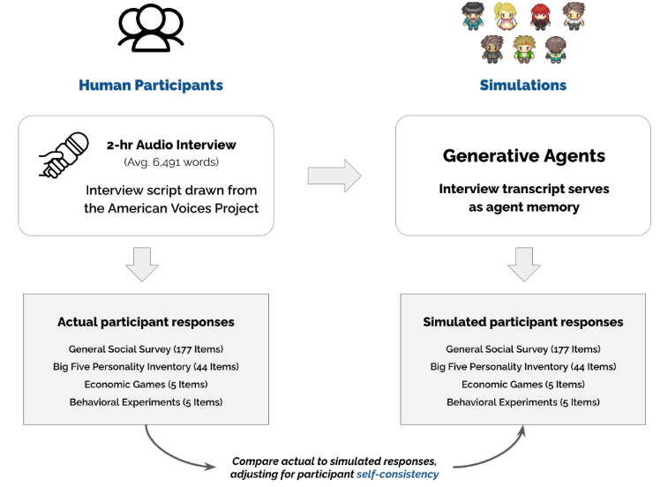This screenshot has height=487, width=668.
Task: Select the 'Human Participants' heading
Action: tap(151, 86)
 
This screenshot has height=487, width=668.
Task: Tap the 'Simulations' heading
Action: tap(522, 86)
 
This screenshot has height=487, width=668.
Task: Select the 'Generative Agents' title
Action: tap(523, 156)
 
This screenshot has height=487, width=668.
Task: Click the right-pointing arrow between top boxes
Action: tap(334, 176)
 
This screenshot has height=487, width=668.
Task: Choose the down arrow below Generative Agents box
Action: tap(523, 264)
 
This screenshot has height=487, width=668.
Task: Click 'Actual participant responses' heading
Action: tap(146, 322)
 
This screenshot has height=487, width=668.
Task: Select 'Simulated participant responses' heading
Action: tap(522, 322)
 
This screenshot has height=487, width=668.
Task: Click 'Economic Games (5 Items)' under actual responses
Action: tap(146, 385)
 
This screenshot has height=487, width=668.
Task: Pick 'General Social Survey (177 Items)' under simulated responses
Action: tap(523, 349)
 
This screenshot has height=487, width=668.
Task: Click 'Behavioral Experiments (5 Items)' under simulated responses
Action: tap(523, 402)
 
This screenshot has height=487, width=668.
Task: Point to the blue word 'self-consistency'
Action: tap(397, 475)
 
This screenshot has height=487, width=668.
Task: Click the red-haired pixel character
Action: tap(540, 16)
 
